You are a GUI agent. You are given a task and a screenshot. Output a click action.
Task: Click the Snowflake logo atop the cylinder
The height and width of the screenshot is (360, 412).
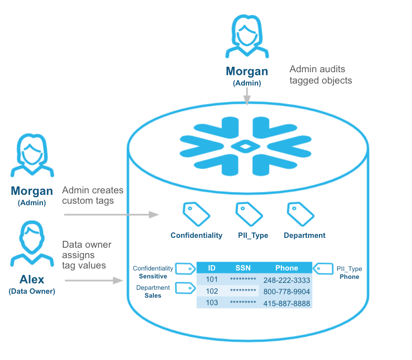pyautogui.click(x=246, y=147)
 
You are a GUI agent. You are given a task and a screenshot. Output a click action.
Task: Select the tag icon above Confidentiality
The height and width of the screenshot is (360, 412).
pyautogui.click(x=196, y=214)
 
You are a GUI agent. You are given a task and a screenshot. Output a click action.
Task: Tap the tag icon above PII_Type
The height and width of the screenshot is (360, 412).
pyautogui.click(x=249, y=214)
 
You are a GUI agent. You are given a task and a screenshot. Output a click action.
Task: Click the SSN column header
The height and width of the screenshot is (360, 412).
pyautogui.click(x=243, y=268)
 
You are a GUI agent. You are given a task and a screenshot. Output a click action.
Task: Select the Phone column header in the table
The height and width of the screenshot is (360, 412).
pyautogui.click(x=286, y=268)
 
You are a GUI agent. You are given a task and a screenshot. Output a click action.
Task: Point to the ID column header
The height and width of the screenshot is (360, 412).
pyautogui.click(x=212, y=268)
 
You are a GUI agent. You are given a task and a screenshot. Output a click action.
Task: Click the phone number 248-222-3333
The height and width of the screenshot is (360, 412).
pyautogui.click(x=286, y=280)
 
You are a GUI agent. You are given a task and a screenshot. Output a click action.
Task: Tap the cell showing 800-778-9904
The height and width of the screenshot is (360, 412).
pyautogui.click(x=286, y=291)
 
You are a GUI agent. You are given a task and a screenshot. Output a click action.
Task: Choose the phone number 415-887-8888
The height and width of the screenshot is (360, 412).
pyautogui.click(x=286, y=303)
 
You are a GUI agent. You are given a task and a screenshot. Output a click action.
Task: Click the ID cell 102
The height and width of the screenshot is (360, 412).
pyautogui.click(x=212, y=291)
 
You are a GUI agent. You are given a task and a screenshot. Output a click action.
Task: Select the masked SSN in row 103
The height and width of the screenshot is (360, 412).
pyautogui.click(x=243, y=303)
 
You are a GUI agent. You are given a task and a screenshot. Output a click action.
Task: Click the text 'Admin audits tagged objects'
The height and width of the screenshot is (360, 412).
pyautogui.click(x=320, y=75)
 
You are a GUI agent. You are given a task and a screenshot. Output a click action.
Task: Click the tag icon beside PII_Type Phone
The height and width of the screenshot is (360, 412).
pyautogui.click(x=323, y=269)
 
